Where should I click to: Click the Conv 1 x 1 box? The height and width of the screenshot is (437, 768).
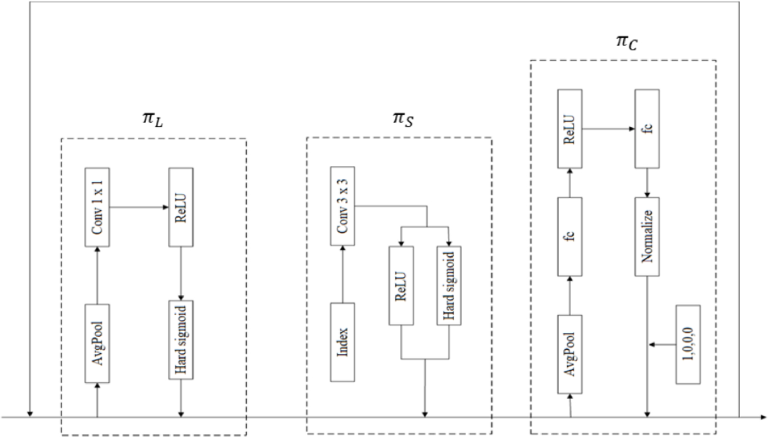[97, 207]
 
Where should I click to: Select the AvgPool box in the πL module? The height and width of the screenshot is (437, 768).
[97, 343]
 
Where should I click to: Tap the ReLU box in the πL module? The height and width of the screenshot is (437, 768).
[181, 207]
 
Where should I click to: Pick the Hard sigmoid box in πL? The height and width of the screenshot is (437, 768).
[181, 340]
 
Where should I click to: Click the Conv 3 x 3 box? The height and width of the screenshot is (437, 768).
[342, 206]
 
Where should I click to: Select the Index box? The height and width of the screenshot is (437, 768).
[342, 342]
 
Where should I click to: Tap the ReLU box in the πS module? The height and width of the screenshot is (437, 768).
[401, 286]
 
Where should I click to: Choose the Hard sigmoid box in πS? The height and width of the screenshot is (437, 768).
[449, 286]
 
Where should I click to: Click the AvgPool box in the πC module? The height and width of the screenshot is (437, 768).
[570, 354]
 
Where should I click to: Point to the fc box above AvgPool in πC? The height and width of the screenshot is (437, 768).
[570, 237]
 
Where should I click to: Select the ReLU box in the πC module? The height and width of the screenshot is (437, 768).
[570, 129]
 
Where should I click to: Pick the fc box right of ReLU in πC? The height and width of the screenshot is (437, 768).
[647, 129]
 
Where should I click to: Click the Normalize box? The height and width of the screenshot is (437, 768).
[647, 237]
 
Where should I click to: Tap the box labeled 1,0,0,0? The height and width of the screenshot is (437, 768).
[688, 345]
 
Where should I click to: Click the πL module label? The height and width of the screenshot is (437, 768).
[153, 120]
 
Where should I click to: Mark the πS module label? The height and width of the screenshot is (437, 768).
[403, 119]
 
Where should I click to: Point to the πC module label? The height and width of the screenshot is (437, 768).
[627, 42]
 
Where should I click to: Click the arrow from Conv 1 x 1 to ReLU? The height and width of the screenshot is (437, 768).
[139, 207]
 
